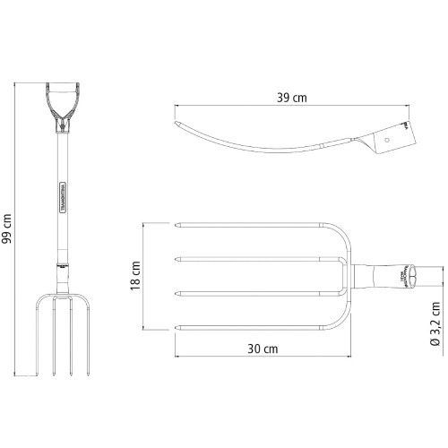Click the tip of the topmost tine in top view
175,223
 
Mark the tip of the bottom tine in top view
175,325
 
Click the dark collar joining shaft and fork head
63,265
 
